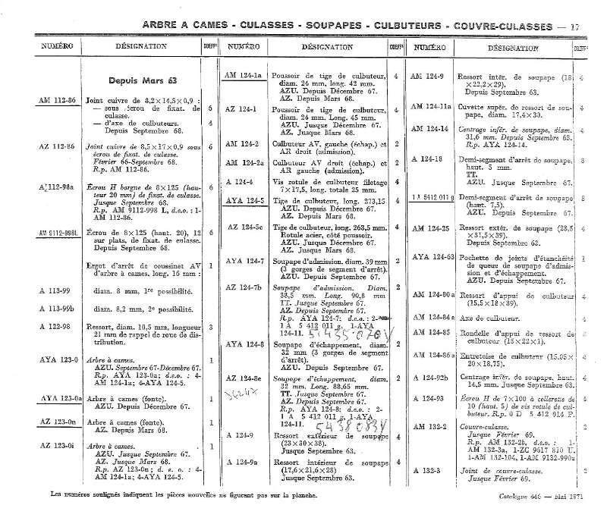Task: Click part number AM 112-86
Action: coord(57,100)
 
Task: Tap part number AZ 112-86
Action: coord(57,144)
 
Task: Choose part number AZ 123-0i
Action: coord(57,446)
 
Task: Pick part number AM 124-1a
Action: coord(243,76)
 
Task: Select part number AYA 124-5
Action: coord(244,201)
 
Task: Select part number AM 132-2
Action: coord(429,427)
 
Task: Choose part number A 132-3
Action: coord(427,471)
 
